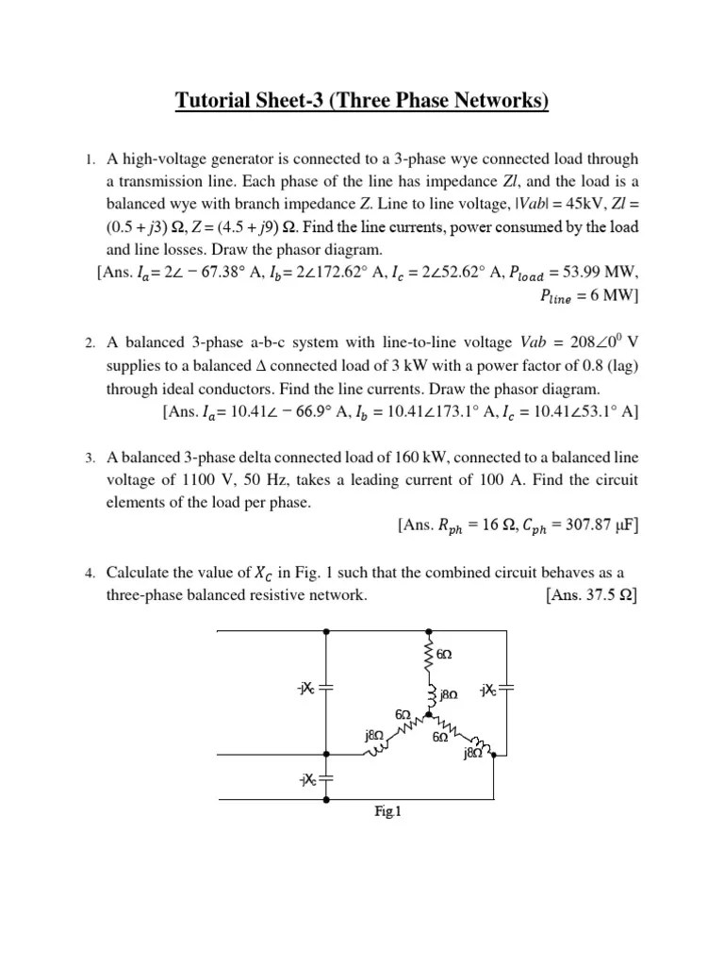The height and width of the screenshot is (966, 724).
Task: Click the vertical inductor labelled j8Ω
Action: [x=430, y=693]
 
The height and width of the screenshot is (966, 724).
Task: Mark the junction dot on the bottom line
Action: [x=326, y=799]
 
